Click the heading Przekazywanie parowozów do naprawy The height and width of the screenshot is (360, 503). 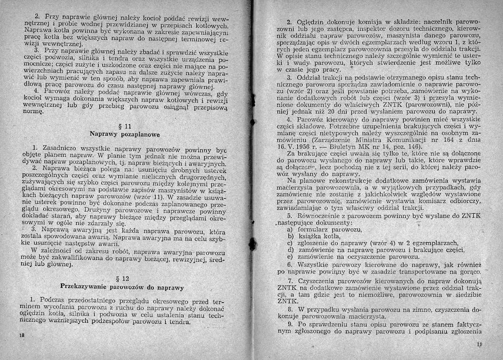[122, 287]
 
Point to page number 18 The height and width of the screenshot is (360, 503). [21, 336]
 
